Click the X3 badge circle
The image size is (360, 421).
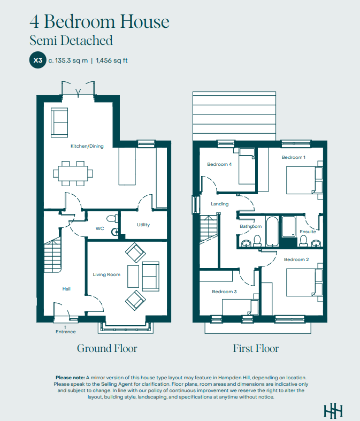[38, 60]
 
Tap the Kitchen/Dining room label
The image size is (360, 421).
[87, 146]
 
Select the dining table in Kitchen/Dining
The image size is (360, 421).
[73, 173]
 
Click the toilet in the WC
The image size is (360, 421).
[112, 218]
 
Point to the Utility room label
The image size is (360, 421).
[143, 225]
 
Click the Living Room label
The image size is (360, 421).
[106, 274]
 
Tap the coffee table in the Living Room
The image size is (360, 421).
[133, 276]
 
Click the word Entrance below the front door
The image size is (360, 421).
[66, 332]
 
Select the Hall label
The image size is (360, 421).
[66, 289]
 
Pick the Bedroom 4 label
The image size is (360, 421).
[219, 164]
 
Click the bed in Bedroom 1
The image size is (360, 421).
[304, 180]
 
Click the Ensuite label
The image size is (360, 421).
[308, 232]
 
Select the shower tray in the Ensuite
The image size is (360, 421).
[289, 227]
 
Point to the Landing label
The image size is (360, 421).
[220, 204]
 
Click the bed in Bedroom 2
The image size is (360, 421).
[304, 283]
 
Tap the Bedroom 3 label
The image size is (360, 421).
[225, 292]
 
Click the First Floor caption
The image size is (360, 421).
[256, 348]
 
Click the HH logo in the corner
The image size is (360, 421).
[333, 411]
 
